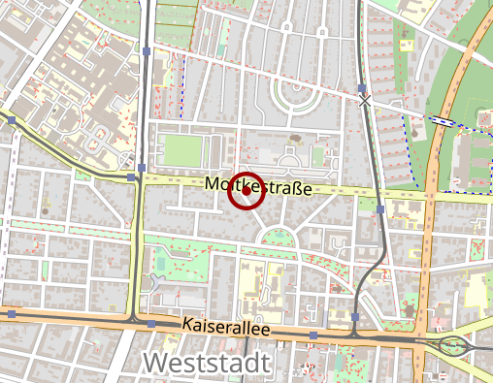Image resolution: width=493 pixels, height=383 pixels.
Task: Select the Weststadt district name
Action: click(207, 364)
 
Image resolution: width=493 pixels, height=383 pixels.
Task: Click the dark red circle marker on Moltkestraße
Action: click(246, 191)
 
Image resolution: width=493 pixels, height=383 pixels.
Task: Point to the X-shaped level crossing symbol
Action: click(365, 99)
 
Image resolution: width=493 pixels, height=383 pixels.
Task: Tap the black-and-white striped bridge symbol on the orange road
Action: click(442, 121)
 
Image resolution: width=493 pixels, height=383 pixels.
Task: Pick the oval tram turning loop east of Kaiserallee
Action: click(452, 345)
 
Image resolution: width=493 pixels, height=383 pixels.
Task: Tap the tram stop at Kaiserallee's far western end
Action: click(8, 312)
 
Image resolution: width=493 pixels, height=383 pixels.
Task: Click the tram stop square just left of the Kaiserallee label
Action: click(150, 324)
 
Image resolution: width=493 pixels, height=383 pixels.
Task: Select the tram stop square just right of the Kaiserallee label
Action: click(312, 335)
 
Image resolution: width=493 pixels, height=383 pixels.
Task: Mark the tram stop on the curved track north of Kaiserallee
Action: click(356, 316)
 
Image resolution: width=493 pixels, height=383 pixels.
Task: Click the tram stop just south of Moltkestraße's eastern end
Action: click(380, 208)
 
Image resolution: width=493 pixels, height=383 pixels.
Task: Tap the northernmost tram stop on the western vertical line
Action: click(145, 50)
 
